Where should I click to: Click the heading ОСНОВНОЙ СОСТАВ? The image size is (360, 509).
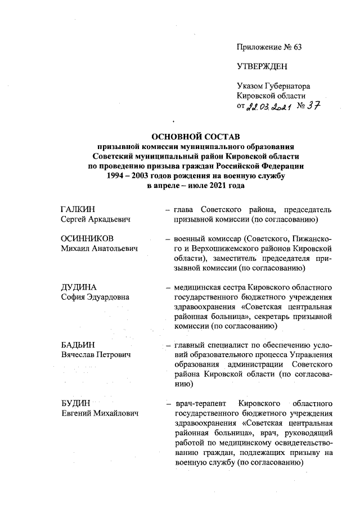[x=196, y=137]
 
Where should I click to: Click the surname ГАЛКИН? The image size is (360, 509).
[x=78, y=210]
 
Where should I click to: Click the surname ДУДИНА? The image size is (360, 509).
[x=78, y=287]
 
